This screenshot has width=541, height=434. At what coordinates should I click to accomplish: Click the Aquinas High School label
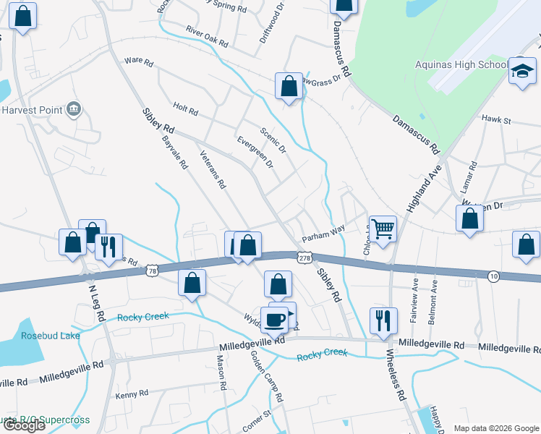461,65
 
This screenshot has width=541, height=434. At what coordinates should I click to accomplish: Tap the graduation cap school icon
522,71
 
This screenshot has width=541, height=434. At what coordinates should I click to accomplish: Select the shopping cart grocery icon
383,229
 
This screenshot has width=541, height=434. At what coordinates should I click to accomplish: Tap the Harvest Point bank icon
73,109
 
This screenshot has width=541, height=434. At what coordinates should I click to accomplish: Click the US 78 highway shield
151,270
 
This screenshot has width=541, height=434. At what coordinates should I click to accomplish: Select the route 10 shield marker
493,276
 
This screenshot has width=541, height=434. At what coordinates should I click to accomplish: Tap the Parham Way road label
323,233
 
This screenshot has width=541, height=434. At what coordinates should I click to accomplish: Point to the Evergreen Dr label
255,152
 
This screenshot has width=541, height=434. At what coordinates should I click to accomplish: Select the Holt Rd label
185,111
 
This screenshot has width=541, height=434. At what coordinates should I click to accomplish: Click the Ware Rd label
139,63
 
